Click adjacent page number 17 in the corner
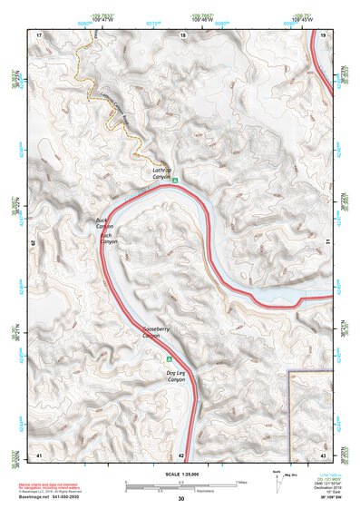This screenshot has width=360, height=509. [x=39, y=34]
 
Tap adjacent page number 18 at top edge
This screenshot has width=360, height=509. [x=182, y=34]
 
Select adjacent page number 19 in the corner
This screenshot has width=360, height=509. [x=324, y=34]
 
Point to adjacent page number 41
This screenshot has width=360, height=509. [x=39, y=454]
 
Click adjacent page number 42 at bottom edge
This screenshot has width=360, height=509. [x=182, y=454]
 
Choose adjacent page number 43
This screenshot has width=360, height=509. [x=324, y=454]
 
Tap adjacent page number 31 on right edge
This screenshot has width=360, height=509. [x=326, y=241]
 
